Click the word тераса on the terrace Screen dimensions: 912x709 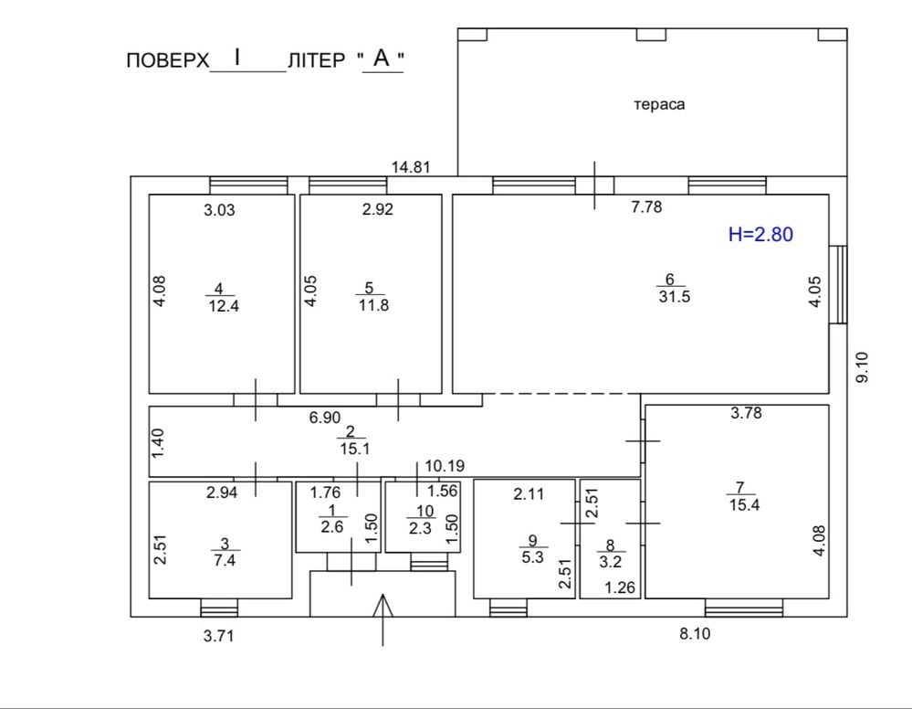[659, 105]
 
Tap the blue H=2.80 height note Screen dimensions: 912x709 [760, 234]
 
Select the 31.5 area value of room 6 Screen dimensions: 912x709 [674, 297]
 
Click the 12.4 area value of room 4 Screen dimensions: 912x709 [224, 305]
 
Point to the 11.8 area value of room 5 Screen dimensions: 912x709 [373, 305]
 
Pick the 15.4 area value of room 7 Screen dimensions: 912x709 [745, 504]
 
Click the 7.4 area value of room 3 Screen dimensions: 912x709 [225, 560]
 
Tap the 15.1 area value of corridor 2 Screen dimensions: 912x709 [355, 449]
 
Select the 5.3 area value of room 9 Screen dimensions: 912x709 [532, 557]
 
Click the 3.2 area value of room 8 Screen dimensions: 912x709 [610, 562]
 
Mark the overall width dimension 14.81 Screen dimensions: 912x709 [411, 167]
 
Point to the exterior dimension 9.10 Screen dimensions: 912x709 [862, 367]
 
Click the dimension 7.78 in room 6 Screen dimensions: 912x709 [646, 206]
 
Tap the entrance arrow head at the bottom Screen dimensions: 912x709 [383, 606]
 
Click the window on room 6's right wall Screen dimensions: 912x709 [838, 285]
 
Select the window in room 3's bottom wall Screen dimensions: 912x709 [219, 608]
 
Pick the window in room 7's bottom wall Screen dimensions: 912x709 [744, 608]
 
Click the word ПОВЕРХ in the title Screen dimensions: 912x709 [167, 60]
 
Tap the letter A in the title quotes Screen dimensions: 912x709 [382, 58]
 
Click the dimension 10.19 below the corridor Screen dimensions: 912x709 [445, 466]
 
